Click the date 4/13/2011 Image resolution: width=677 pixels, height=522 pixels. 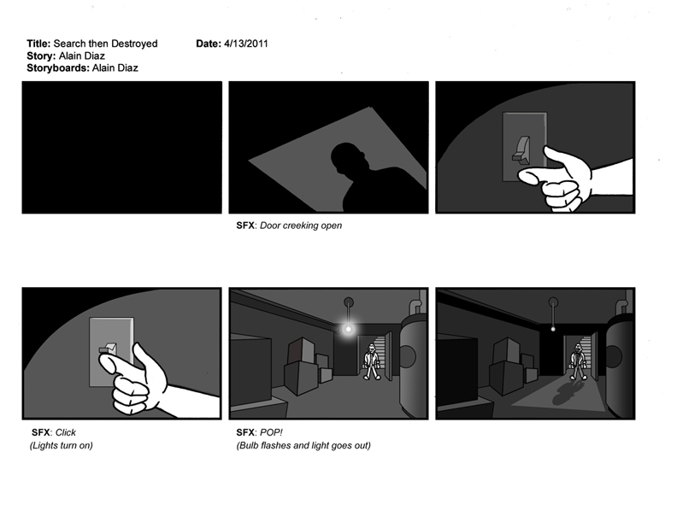245,44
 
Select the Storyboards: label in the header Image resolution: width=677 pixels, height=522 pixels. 58,68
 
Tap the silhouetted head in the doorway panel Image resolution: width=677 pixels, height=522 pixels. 348,159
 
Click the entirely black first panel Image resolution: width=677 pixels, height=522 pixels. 121,147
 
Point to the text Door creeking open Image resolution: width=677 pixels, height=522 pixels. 301,226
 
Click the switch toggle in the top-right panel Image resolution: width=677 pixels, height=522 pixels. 521,150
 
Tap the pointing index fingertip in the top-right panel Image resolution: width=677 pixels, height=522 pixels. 523,176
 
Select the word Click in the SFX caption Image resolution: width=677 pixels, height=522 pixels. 66,432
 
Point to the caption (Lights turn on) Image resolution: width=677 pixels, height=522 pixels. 62,446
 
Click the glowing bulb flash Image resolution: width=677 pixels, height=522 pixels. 348,330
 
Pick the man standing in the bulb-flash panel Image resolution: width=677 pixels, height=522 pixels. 371,361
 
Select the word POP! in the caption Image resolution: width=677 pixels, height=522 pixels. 271,432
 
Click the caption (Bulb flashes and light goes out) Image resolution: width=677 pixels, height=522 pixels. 303,446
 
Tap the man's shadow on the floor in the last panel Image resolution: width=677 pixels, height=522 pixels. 566,392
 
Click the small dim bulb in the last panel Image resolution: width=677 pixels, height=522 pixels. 553,329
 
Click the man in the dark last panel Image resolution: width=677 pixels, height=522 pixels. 578,361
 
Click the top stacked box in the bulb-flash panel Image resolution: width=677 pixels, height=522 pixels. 302,350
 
